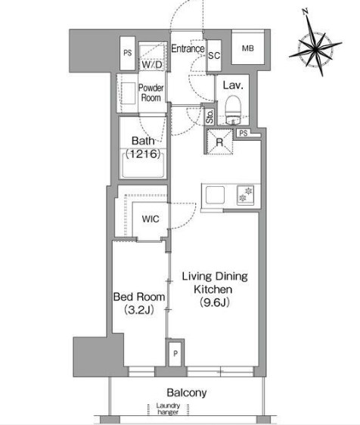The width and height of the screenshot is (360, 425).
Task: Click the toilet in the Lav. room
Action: (x=233, y=110)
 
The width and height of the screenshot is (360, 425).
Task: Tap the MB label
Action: (x=248, y=48)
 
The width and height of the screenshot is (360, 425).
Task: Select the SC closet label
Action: (x=214, y=55)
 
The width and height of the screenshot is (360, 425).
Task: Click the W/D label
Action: (x=152, y=64)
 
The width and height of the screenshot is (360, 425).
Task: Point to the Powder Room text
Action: (x=151, y=93)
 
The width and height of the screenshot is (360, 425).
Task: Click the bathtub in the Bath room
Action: (x=143, y=165)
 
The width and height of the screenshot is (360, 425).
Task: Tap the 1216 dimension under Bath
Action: (x=144, y=154)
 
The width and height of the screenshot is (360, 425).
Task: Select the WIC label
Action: (x=151, y=219)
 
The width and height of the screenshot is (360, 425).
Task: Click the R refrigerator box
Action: (x=219, y=141)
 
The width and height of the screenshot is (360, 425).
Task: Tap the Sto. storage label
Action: (x=209, y=116)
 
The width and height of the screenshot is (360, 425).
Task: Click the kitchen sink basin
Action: (x=215, y=195)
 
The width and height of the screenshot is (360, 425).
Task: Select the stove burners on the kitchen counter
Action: (x=246, y=195)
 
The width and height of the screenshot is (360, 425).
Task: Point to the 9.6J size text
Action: (x=215, y=302)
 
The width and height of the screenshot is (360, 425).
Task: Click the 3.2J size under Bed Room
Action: (x=139, y=309)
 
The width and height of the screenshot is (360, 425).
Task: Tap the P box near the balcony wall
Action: (x=175, y=353)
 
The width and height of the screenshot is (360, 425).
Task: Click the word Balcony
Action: (x=187, y=392)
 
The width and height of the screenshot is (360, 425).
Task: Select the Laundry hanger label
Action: (x=168, y=408)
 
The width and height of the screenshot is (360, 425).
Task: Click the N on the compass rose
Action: (x=306, y=11)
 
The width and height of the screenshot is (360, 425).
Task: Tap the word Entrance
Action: (x=188, y=48)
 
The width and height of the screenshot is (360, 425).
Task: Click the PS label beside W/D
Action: (x=127, y=53)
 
